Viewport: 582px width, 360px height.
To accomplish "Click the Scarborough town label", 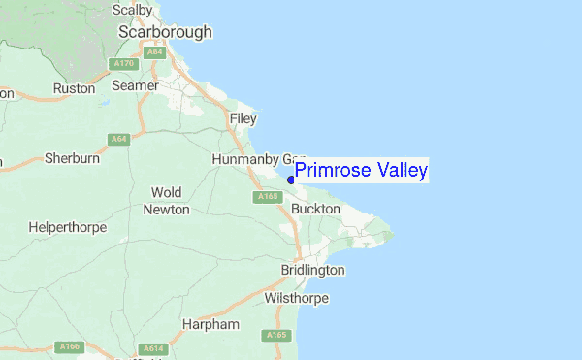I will click(165, 32).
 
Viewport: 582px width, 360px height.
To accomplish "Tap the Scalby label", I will click(132, 10).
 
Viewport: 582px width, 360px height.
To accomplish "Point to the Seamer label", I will click(135, 86).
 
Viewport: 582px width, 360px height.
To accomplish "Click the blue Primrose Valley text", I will click(361, 171).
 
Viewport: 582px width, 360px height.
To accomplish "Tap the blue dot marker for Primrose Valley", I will click(291, 180).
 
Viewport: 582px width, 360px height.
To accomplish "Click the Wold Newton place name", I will click(166, 201).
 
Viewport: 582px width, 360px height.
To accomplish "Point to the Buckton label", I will click(315, 209).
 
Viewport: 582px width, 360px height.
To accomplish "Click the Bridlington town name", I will click(312, 269).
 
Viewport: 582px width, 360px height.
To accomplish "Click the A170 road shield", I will click(123, 65).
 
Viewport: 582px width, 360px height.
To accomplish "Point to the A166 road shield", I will click(68, 346).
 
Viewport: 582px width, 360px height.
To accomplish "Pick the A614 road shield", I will click(152, 348).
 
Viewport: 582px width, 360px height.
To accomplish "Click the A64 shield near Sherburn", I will click(119, 140).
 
